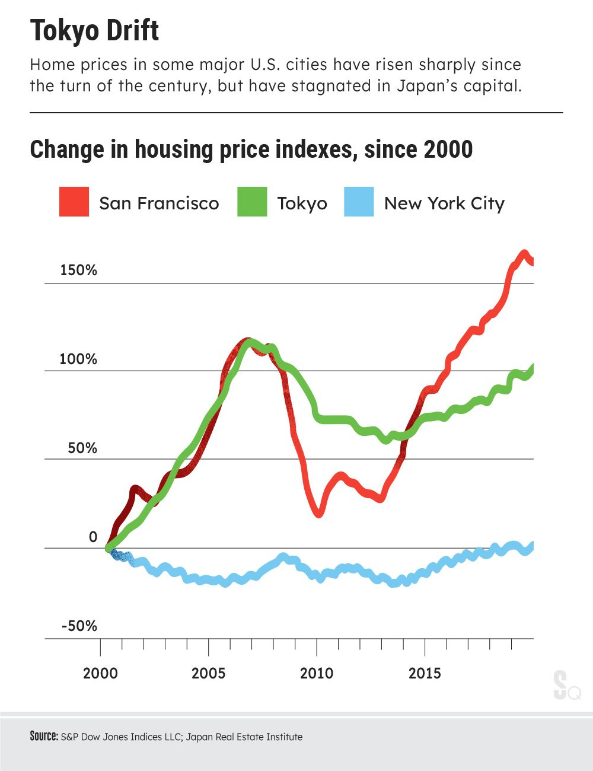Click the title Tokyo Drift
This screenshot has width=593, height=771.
[x=94, y=31]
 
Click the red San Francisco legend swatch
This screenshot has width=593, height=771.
[x=74, y=202]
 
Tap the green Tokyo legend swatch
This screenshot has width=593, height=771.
[x=252, y=202]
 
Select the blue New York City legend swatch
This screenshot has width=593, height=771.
[x=359, y=202]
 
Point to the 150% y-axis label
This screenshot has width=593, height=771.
[x=78, y=270]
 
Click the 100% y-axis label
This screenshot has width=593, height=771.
[x=78, y=359]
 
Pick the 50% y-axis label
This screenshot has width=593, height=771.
[x=82, y=448]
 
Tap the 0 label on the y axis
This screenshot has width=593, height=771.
[x=93, y=537]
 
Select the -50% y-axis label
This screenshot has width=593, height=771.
[x=78, y=626]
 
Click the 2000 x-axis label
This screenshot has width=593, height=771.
[x=100, y=674]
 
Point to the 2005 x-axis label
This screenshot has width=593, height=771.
[x=208, y=674]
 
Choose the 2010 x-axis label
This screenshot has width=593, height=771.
[x=317, y=674]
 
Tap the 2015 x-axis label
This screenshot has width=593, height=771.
[x=425, y=674]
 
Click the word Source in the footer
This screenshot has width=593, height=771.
[x=44, y=737]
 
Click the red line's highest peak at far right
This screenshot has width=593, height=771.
[x=524, y=254]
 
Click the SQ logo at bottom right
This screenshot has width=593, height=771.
[x=566, y=686]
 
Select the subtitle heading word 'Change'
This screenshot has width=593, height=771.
[x=66, y=149]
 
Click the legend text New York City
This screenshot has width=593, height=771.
[x=444, y=203]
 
